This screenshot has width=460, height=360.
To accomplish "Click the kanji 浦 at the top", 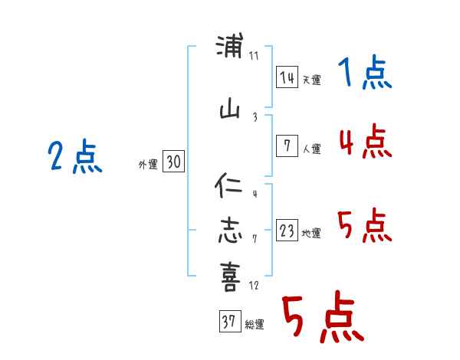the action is point(230,47).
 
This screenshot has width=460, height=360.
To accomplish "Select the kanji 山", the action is point(230,112).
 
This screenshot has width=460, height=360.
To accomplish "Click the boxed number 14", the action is point(287,77).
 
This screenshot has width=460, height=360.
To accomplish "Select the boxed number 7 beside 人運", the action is point(287,146).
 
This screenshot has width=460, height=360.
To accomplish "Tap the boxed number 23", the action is point(287,231).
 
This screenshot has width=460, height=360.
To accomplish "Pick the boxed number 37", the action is point(229,322).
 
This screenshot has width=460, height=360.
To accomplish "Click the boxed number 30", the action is point(173,162).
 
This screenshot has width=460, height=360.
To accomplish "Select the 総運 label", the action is point(254,325).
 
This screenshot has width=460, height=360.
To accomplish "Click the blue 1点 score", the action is point(364,74).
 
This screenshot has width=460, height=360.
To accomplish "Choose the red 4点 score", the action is point(365,141).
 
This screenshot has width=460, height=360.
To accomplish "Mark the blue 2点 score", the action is point(74,159).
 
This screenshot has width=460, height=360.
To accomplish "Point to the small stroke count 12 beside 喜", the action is point(254,286).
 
